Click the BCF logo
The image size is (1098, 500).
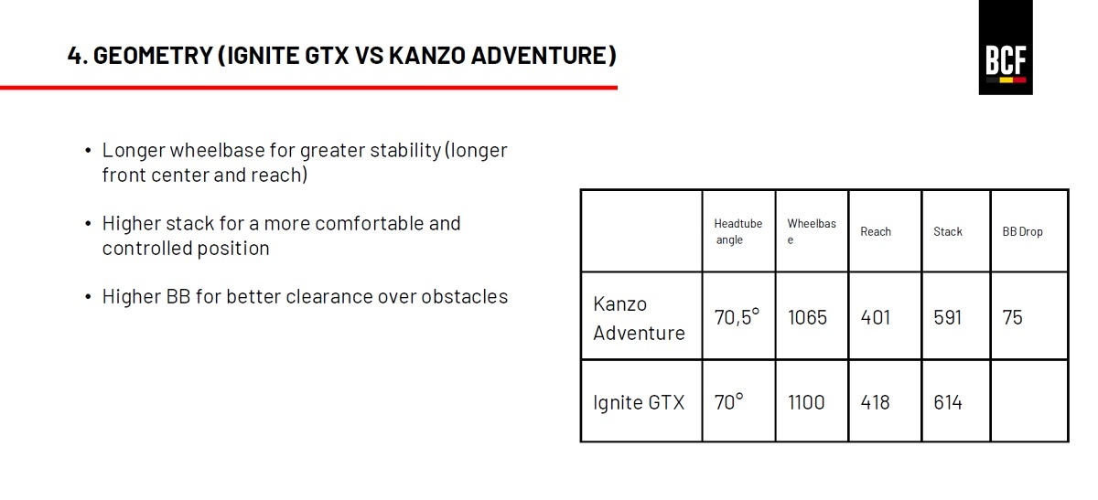point(1006,48)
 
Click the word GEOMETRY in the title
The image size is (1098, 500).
point(153,55)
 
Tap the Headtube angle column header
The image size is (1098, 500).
point(737,231)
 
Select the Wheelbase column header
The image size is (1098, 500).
point(812,231)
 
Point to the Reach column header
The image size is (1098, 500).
point(876,231)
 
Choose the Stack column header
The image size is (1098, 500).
point(948,231)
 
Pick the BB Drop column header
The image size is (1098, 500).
point(1022,231)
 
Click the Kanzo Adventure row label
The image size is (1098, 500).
point(639,318)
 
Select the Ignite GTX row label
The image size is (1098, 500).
point(639,402)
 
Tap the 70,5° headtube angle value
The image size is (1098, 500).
point(737,317)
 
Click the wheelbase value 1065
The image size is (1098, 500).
point(807,317)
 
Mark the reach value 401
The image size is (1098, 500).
point(875,317)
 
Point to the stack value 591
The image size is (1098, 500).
point(947,317)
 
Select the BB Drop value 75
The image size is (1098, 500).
point(1012,317)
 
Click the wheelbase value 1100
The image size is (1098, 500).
point(806,402)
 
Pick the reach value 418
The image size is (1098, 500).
point(875,402)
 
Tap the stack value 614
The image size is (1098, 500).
point(948,402)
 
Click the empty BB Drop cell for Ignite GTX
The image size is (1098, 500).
point(1029,401)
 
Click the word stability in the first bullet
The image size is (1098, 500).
point(405,151)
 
